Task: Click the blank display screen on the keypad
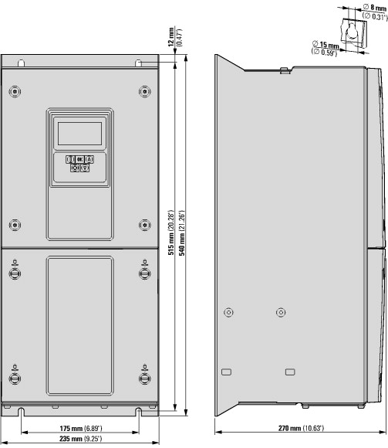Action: [x=80, y=134]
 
